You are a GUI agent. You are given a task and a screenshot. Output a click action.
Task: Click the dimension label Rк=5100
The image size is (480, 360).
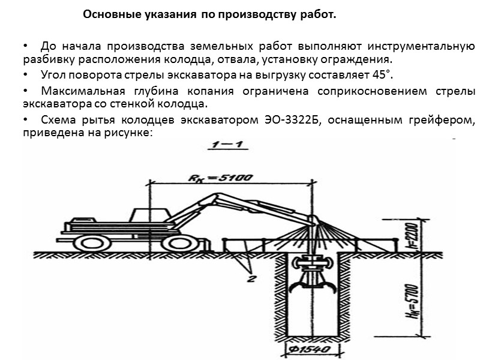pos(220,178)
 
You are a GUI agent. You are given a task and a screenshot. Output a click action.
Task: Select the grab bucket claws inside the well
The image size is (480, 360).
pos(314,290)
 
